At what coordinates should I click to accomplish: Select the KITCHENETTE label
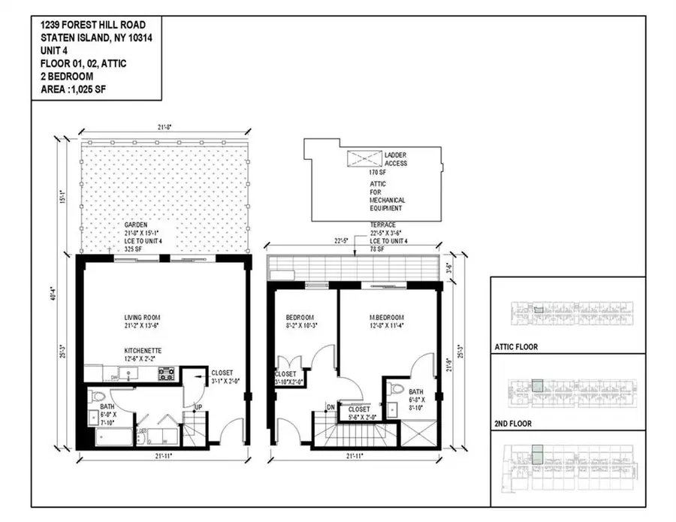click(144, 351)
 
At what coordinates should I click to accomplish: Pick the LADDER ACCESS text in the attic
click(397, 159)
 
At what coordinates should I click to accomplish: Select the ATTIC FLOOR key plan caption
click(521, 348)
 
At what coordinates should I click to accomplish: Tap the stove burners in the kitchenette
click(165, 373)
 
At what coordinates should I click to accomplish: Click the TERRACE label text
click(383, 225)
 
